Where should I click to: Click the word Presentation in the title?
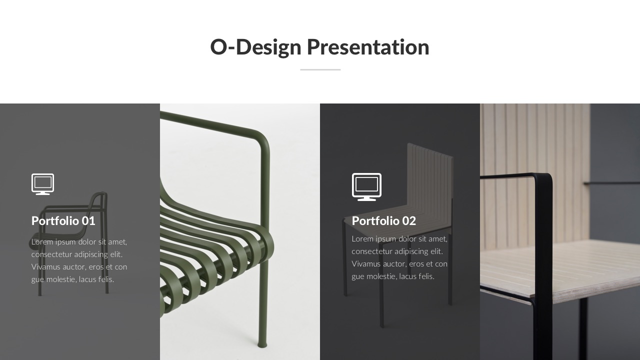(367, 47)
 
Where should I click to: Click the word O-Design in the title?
(255, 47)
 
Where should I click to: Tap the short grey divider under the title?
(320, 69)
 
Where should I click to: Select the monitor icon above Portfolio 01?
(42, 183)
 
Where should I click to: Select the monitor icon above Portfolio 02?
(366, 186)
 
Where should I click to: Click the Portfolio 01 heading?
(63, 220)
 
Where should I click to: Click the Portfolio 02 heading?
(383, 220)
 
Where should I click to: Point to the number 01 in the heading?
(88, 220)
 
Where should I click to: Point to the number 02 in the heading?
(408, 220)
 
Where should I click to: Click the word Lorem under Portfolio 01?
(42, 242)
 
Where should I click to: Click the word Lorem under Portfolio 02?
(362, 239)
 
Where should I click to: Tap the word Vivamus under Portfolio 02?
(367, 264)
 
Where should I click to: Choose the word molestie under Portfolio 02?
(382, 276)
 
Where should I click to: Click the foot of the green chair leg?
(262, 344)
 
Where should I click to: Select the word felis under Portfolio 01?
(105, 279)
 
